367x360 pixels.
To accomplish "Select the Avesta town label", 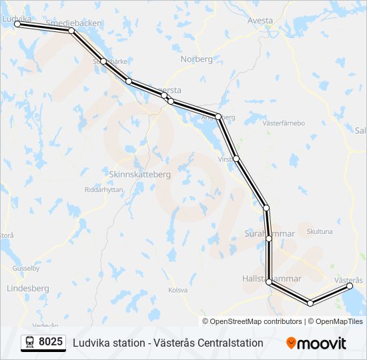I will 260,20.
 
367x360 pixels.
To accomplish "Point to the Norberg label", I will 196,59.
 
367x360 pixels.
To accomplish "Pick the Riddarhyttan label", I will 104,189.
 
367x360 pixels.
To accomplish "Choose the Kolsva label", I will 177,290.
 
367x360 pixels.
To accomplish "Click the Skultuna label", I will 319,231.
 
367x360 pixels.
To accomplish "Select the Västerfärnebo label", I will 284,123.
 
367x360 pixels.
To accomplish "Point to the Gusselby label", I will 26,269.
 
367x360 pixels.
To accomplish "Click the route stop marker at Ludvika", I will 18,24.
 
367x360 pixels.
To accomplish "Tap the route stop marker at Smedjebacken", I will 71,31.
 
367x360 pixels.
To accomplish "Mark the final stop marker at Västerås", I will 350,286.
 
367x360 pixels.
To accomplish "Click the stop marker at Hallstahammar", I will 270,282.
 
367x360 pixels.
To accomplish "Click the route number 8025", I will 51,343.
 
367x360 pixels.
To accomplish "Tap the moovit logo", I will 316,343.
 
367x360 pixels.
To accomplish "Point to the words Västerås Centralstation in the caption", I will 208,343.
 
